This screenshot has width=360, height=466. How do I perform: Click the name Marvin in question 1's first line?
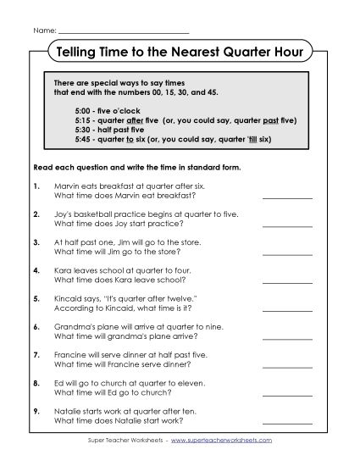(68, 184)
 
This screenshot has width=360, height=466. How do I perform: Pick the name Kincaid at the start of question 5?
(69, 299)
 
